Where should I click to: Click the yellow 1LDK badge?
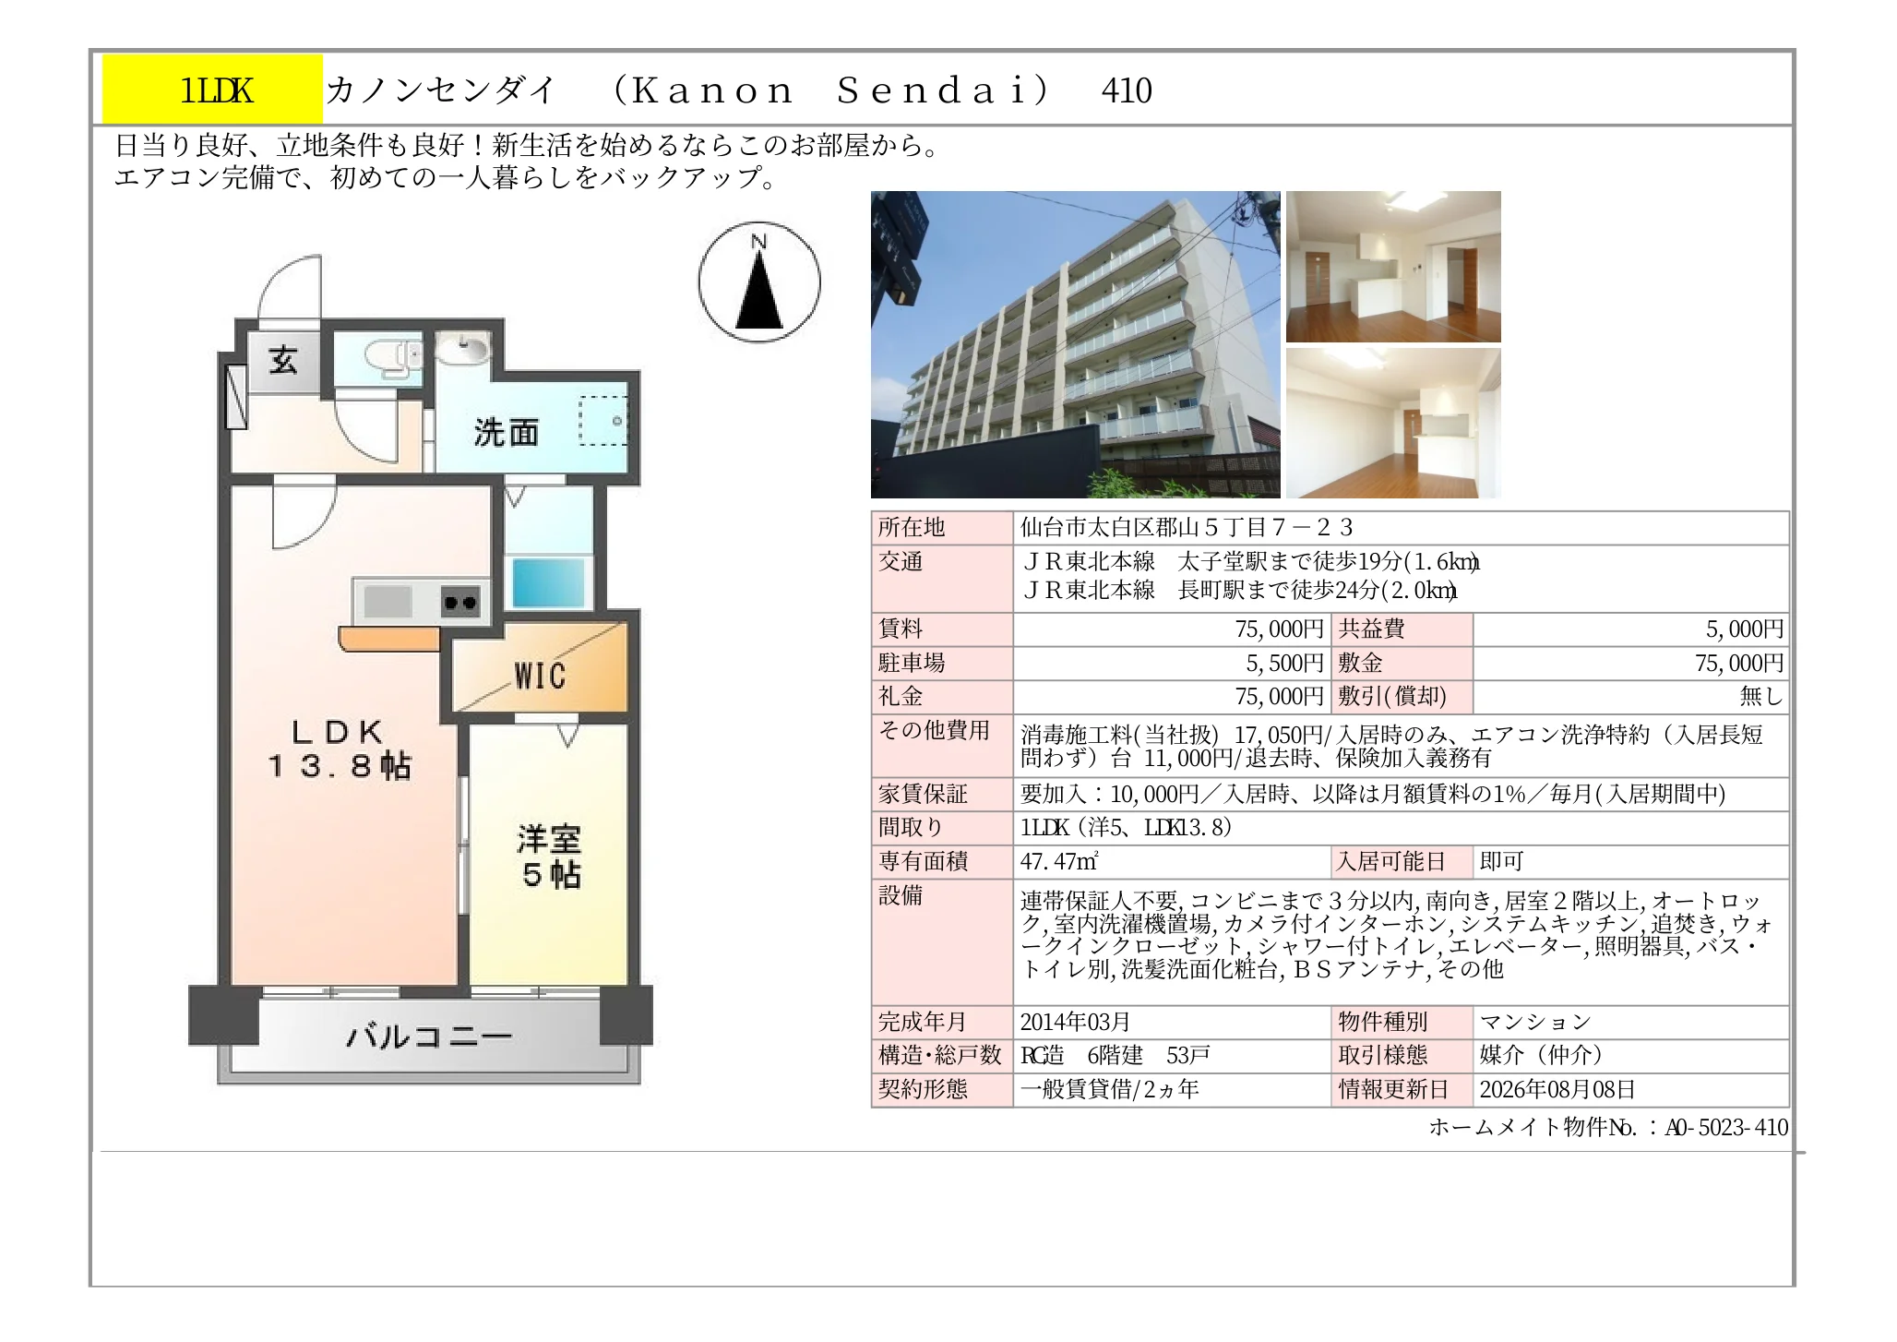pos(212,90)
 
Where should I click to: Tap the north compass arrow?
pos(759,290)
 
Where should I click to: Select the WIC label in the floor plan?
pos(540,676)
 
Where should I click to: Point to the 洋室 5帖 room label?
pos(550,857)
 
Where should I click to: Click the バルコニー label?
pos(429,1036)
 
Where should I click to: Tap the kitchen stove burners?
pos(460,603)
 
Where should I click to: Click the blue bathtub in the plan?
pos(549,582)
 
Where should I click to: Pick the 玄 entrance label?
pos(283,360)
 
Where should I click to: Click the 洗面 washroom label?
pos(507,432)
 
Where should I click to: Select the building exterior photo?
pos(1075,344)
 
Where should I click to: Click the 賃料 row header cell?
pos(942,629)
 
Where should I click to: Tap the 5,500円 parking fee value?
pos(1284,663)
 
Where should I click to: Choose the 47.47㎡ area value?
pos(1058,862)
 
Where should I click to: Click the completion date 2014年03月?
pos(1075,1022)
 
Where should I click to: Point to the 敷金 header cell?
pos(1402,663)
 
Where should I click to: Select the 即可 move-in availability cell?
pos(1501,862)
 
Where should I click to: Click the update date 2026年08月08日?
pos(1557,1089)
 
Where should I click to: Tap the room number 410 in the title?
pos(1127,90)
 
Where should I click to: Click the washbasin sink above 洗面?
pos(462,350)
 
